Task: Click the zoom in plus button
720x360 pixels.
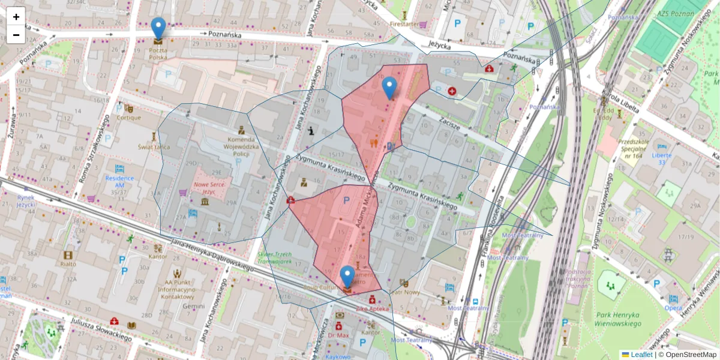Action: click(x=16, y=17)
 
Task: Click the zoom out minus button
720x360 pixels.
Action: click(x=16, y=34)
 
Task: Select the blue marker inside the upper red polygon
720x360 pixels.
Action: click(x=389, y=88)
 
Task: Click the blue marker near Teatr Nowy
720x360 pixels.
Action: click(x=347, y=277)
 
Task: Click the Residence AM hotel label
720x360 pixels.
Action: click(x=119, y=182)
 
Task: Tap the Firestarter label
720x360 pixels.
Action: click(x=404, y=24)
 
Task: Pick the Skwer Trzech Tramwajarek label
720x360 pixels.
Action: click(x=274, y=258)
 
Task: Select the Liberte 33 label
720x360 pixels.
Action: click(x=662, y=158)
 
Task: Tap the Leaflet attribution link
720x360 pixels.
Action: click(x=641, y=355)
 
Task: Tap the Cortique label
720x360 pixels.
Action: click(x=128, y=118)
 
